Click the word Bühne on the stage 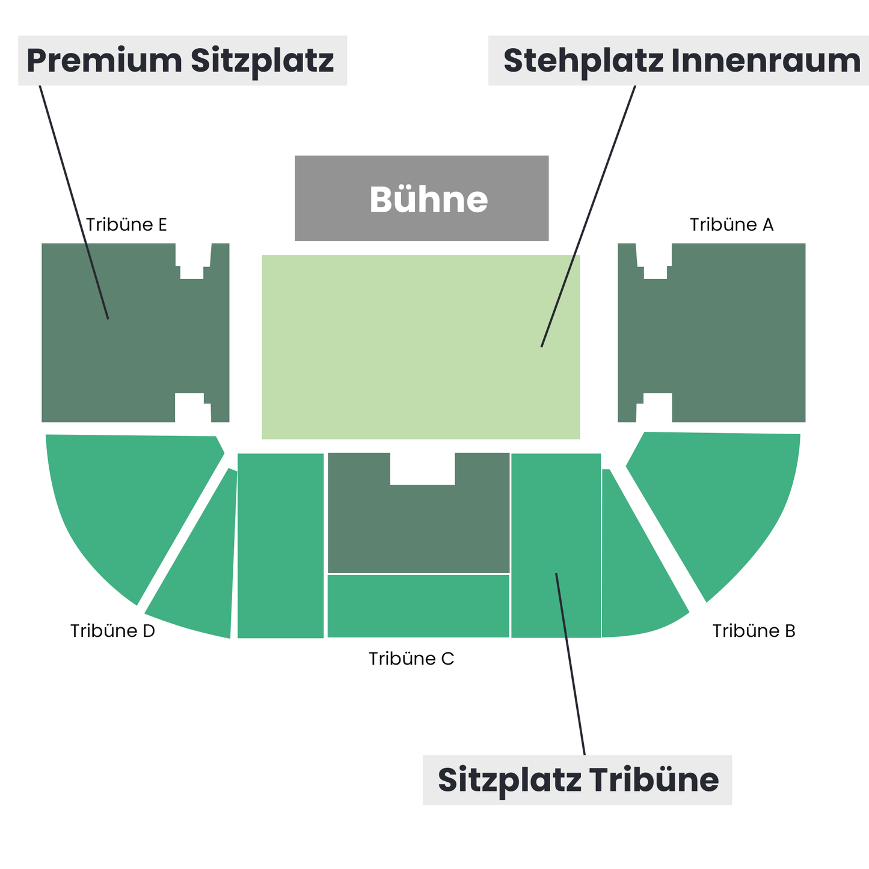coord(428,199)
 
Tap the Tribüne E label coord(126,224)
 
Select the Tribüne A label coord(731,224)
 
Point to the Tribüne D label coord(112,630)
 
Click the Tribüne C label coord(411,659)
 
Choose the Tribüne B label coord(754,630)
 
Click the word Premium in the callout coord(104,60)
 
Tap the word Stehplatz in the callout coord(583,61)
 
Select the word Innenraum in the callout coord(766,60)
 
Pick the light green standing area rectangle coord(421,347)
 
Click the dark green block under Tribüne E coord(135,333)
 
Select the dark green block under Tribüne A coord(711,333)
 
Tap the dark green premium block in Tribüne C coord(419,527)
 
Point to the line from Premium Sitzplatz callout coord(74,203)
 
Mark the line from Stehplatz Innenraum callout coord(588,216)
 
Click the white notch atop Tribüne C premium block coord(423,468)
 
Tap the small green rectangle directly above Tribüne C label coord(419,606)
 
